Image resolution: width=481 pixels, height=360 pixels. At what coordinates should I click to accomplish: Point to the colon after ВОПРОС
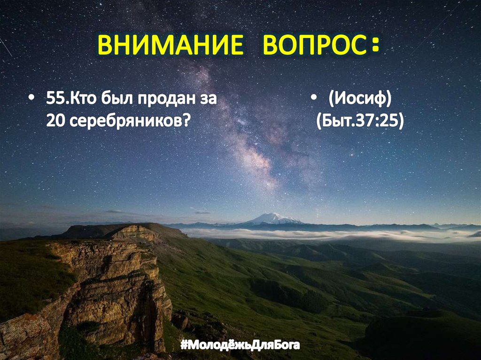(374, 46)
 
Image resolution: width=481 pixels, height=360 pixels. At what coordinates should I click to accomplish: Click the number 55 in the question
(55, 100)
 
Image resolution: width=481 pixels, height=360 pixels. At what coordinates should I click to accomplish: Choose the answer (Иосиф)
(360, 100)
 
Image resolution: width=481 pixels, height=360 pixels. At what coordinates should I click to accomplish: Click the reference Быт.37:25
(360, 121)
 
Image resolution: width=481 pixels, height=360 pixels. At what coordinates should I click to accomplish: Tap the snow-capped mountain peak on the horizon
(272, 218)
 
